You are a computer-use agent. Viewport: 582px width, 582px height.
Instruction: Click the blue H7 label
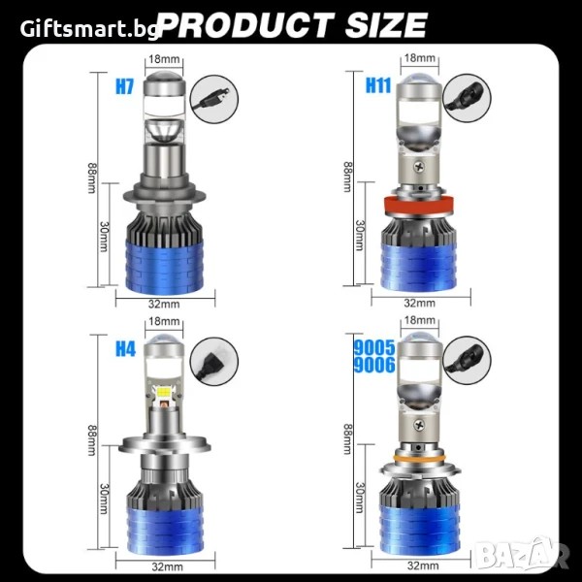124,86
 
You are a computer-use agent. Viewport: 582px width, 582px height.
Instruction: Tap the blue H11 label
378,85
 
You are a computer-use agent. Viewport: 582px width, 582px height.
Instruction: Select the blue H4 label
125,348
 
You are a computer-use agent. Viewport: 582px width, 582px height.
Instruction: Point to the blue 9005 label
374,348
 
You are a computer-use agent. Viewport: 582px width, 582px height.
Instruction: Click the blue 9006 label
374,365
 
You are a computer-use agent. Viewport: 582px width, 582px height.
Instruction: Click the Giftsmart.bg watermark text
89,29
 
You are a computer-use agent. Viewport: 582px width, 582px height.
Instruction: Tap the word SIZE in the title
386,25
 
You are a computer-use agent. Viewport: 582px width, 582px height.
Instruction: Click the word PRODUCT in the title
246,25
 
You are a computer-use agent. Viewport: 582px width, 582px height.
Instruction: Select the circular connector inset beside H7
214,99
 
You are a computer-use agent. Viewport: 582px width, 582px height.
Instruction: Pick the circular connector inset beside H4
214,361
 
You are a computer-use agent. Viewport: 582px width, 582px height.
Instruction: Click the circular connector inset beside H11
467,98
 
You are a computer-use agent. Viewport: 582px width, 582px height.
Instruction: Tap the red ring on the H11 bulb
419,206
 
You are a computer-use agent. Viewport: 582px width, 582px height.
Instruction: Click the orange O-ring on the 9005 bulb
419,459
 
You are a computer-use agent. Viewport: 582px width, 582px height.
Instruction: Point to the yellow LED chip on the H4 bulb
164,392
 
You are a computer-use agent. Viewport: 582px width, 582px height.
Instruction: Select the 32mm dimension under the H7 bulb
164,304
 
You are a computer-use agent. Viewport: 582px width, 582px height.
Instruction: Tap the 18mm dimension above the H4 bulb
164,321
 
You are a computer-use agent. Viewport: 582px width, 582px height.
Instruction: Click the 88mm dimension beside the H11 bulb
348,177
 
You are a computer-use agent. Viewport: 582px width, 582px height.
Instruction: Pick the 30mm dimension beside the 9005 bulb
360,498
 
